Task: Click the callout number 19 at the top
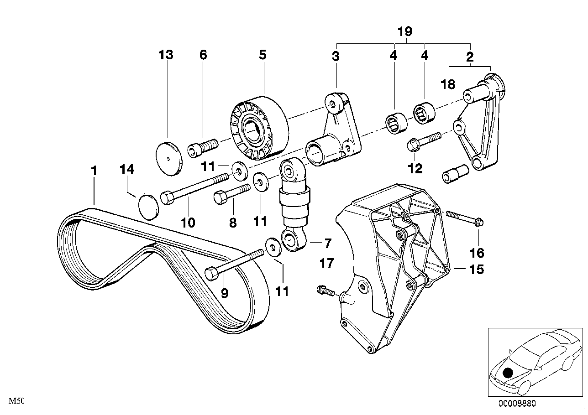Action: [x=404, y=31]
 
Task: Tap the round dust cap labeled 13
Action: [x=169, y=158]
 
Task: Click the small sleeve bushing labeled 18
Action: [x=454, y=173]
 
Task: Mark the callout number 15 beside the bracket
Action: [x=476, y=270]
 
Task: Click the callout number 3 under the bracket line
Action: [x=336, y=57]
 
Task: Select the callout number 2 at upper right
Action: [x=470, y=57]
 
